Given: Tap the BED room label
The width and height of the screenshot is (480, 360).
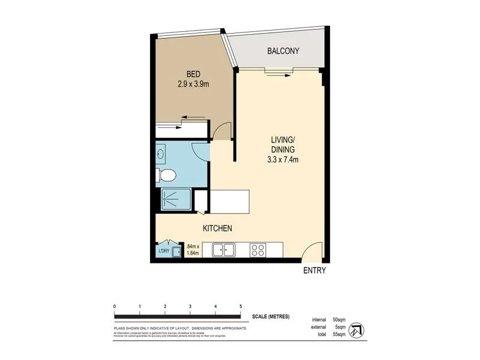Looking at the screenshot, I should pyautogui.click(x=193, y=74).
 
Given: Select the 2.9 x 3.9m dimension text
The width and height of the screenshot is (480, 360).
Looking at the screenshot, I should pyautogui.click(x=193, y=84).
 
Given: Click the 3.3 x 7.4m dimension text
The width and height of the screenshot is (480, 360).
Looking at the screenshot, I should pyautogui.click(x=282, y=159).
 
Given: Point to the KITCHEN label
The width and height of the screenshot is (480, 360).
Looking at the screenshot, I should pyautogui.click(x=217, y=229).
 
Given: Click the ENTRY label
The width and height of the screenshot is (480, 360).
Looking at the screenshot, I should pyautogui.click(x=314, y=271).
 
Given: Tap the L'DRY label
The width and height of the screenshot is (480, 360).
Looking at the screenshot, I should pyautogui.click(x=163, y=251).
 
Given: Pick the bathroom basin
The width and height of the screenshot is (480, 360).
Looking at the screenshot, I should pyautogui.click(x=161, y=154).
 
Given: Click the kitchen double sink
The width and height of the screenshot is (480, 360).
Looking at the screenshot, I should pyautogui.click(x=223, y=249).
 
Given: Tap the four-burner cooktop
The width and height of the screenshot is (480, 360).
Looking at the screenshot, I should pyautogui.click(x=258, y=249).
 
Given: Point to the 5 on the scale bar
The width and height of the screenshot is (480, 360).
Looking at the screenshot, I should pyautogui.click(x=241, y=306).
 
